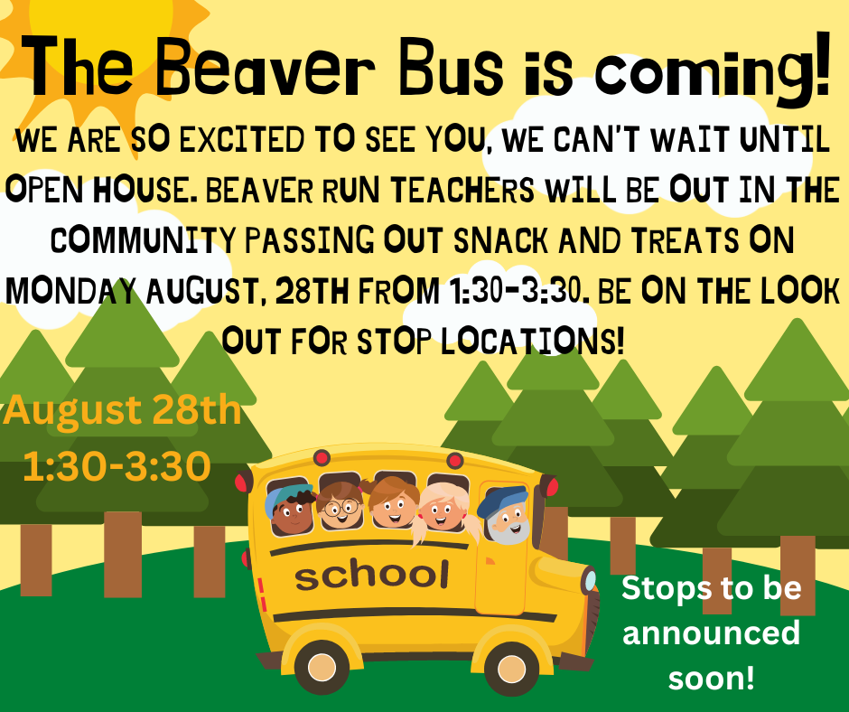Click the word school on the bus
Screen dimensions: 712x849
pos(371,574)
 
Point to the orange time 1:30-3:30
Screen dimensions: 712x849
pos(117,466)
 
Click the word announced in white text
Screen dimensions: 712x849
pos(711,632)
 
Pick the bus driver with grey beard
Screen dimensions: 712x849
pos(507,516)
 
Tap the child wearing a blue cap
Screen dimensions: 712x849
pos(291,510)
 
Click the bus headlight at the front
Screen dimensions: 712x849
pos(590,580)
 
